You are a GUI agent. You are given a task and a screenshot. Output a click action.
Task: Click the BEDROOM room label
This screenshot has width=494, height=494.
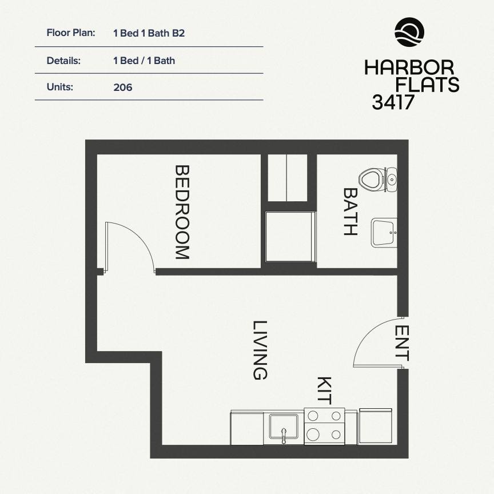pos(182,212)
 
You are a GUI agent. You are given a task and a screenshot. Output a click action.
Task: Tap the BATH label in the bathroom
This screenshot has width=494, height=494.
pos(350,212)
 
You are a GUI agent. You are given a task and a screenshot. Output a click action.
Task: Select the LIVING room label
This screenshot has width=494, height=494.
pos(260,350)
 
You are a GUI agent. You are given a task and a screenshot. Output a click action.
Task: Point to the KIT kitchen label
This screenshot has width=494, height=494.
pos(324,391)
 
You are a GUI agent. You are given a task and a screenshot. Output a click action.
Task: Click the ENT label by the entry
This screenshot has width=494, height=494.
pos(402,343)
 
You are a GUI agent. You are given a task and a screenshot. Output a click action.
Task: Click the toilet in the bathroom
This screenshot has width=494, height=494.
pos(378,180)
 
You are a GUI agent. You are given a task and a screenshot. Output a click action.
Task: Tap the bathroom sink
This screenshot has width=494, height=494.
pos(384,233)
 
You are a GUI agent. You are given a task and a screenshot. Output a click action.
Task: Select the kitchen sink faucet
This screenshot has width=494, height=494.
pos(284,436)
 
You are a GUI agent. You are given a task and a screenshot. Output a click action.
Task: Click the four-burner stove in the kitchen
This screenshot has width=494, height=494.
pos(324,427)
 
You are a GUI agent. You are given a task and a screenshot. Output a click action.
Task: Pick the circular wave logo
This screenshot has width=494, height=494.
pos(409,32)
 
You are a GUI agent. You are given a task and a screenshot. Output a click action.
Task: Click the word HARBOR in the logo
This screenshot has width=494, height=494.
pos(409,67)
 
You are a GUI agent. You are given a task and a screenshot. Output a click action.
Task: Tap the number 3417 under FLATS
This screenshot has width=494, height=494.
pos(393,102)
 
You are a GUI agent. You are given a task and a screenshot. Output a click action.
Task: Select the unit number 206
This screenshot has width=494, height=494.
pos(123,87)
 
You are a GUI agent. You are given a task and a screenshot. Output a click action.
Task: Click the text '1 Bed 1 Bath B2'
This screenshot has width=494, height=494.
pos(149,33)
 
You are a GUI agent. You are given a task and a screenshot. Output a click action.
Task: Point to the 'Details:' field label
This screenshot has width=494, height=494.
pos(63,61)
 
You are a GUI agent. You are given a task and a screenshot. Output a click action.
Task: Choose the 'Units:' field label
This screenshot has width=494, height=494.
pos(60,87)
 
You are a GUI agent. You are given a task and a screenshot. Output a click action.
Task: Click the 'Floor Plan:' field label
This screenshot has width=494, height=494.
pos(71,33)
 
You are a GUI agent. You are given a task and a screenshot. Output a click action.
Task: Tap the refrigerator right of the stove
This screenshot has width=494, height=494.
pos(375,427)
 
